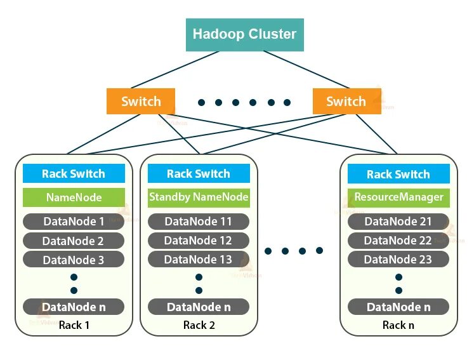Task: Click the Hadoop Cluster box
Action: click(244, 34)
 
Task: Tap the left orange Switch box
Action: click(141, 102)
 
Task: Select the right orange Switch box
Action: click(346, 102)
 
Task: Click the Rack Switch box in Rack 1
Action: click(74, 173)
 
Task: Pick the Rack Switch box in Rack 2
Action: click(199, 173)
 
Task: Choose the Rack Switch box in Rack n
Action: click(398, 174)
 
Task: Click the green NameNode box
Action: click(74, 197)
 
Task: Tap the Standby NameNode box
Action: click(199, 197)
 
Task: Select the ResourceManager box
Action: click(398, 197)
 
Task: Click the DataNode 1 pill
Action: click(74, 222)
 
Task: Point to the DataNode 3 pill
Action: click(74, 260)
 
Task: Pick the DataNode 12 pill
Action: click(199, 241)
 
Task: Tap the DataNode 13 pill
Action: click(199, 259)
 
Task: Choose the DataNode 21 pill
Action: click(398, 222)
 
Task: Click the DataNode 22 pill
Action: click(398, 241)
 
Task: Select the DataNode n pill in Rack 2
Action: click(199, 307)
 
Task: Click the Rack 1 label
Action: click(74, 325)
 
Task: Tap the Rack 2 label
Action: click(199, 325)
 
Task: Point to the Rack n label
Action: click(398, 325)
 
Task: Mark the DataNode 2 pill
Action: click(74, 241)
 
